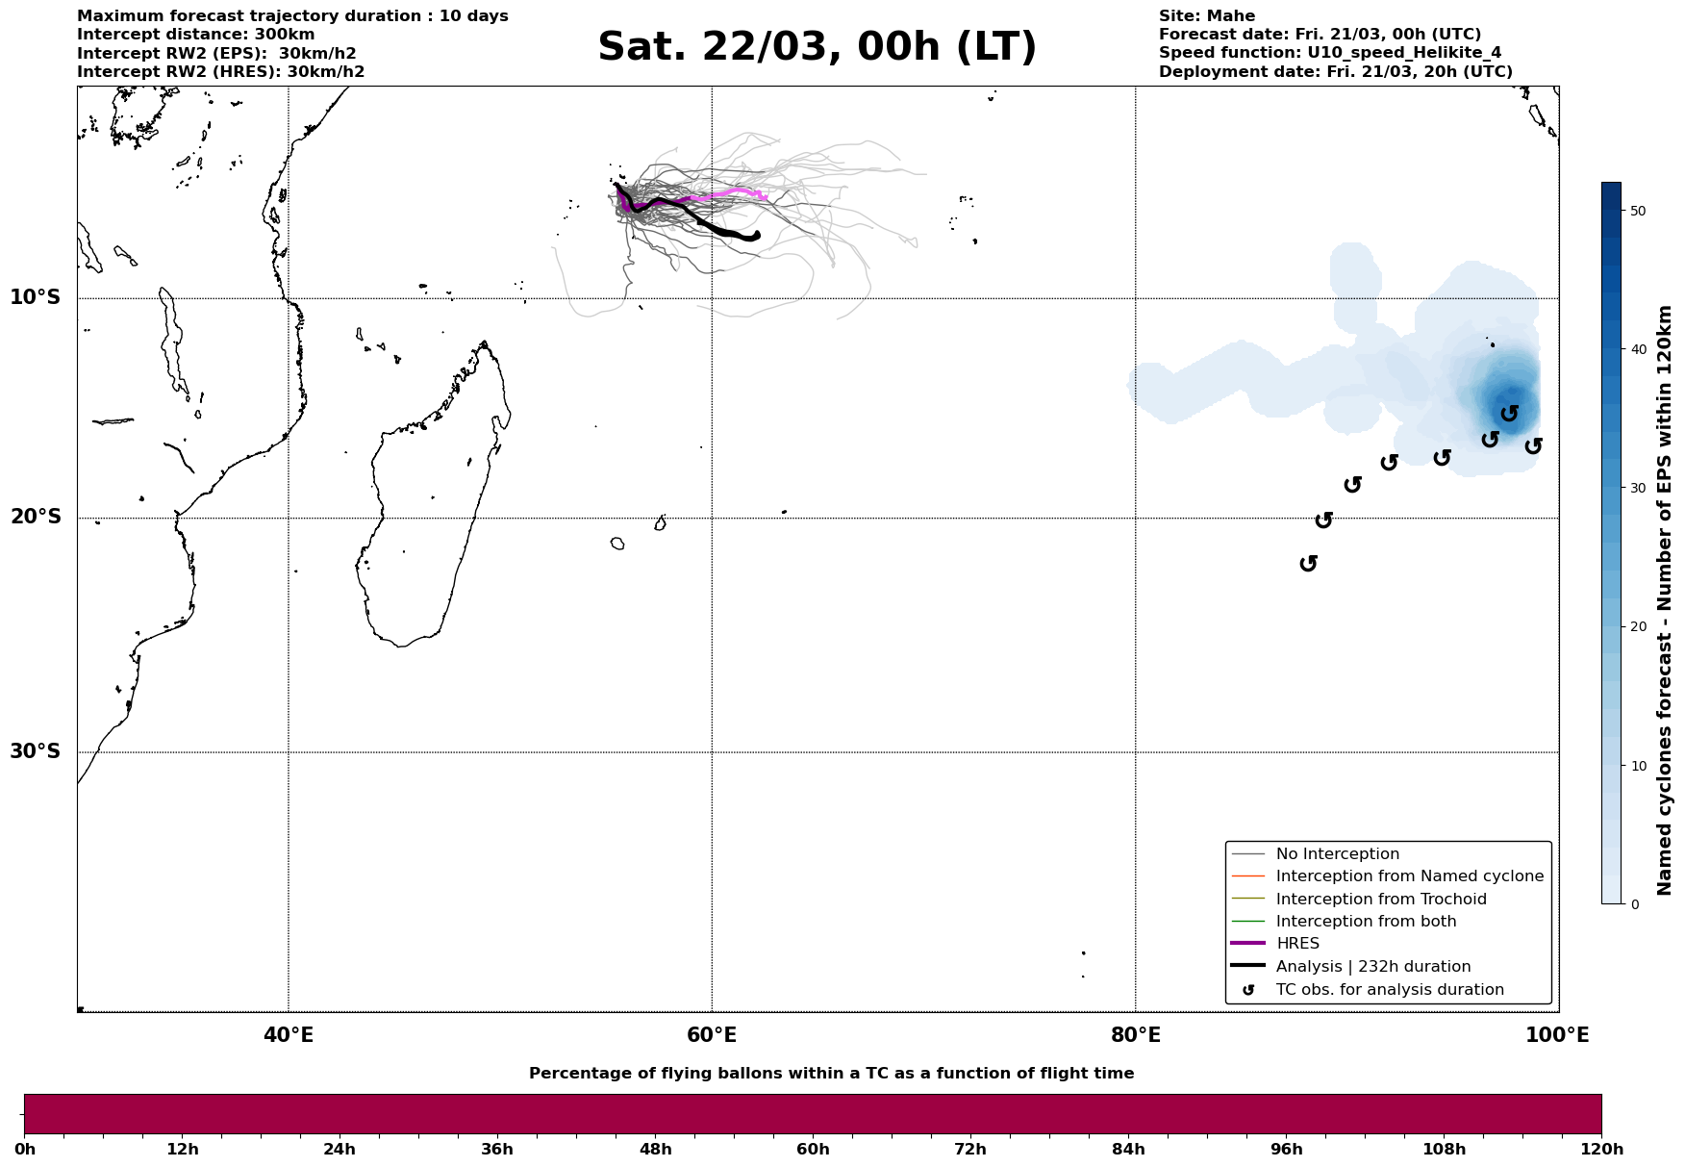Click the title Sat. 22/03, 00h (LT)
(817, 47)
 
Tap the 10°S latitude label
(36, 297)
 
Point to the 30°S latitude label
(36, 751)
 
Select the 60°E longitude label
(712, 1035)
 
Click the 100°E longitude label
(1557, 1035)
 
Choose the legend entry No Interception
(1337, 854)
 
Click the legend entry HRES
(1297, 944)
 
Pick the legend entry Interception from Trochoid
(1380, 900)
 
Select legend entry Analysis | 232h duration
(1372, 967)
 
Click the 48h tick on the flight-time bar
(656, 1150)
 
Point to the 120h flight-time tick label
(1601, 1150)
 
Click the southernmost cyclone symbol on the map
(1308, 564)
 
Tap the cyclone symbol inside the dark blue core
(1510, 414)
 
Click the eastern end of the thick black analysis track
(757, 234)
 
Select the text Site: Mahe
(1206, 16)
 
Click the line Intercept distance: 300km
(195, 35)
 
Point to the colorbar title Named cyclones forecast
(1665, 600)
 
